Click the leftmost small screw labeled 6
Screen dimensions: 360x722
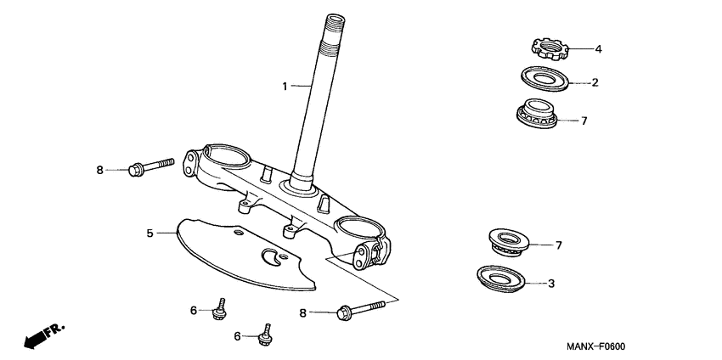click(x=219, y=310)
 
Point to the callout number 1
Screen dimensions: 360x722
click(x=285, y=86)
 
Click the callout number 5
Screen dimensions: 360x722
click(x=149, y=232)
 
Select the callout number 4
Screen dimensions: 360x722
click(x=598, y=49)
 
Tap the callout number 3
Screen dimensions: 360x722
click(x=550, y=283)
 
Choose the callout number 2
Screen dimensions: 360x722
click(x=595, y=82)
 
